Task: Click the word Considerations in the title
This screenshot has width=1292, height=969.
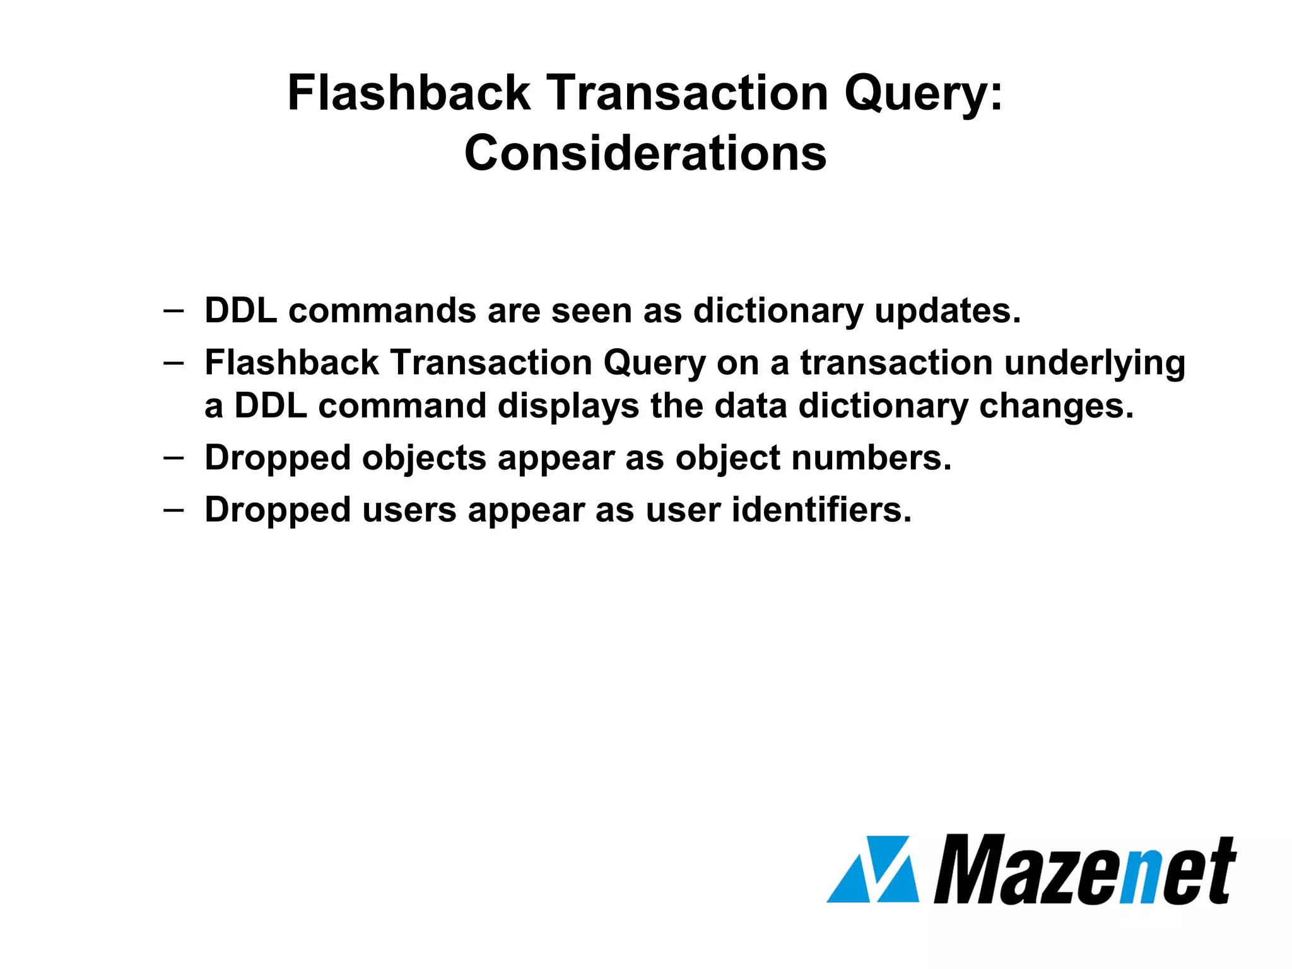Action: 645,153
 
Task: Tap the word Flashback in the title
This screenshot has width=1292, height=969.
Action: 409,93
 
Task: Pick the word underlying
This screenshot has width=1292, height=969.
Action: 1095,365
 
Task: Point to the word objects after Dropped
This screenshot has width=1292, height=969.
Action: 424,459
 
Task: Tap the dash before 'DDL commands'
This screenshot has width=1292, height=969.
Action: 173,310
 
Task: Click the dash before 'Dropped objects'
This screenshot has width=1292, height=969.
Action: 173,457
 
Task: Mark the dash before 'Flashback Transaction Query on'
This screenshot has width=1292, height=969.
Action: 173,363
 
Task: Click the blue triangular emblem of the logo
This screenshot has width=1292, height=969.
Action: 872,869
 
